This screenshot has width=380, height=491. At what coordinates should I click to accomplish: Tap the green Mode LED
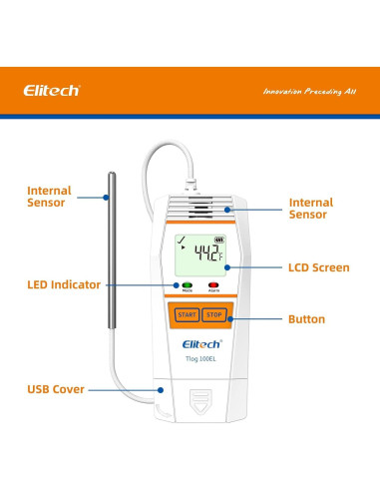tap(186, 285)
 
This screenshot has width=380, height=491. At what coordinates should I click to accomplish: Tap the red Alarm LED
tap(212, 285)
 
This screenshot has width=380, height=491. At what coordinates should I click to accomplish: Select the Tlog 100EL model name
tap(198, 358)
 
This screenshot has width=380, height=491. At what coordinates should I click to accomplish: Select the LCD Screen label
tap(319, 267)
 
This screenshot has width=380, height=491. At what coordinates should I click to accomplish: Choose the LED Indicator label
tap(64, 284)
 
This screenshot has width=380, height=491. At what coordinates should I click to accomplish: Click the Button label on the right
tap(306, 319)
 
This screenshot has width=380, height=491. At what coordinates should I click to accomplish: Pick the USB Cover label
tap(56, 388)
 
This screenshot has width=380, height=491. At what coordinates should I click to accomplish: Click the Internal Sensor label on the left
tap(49, 196)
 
